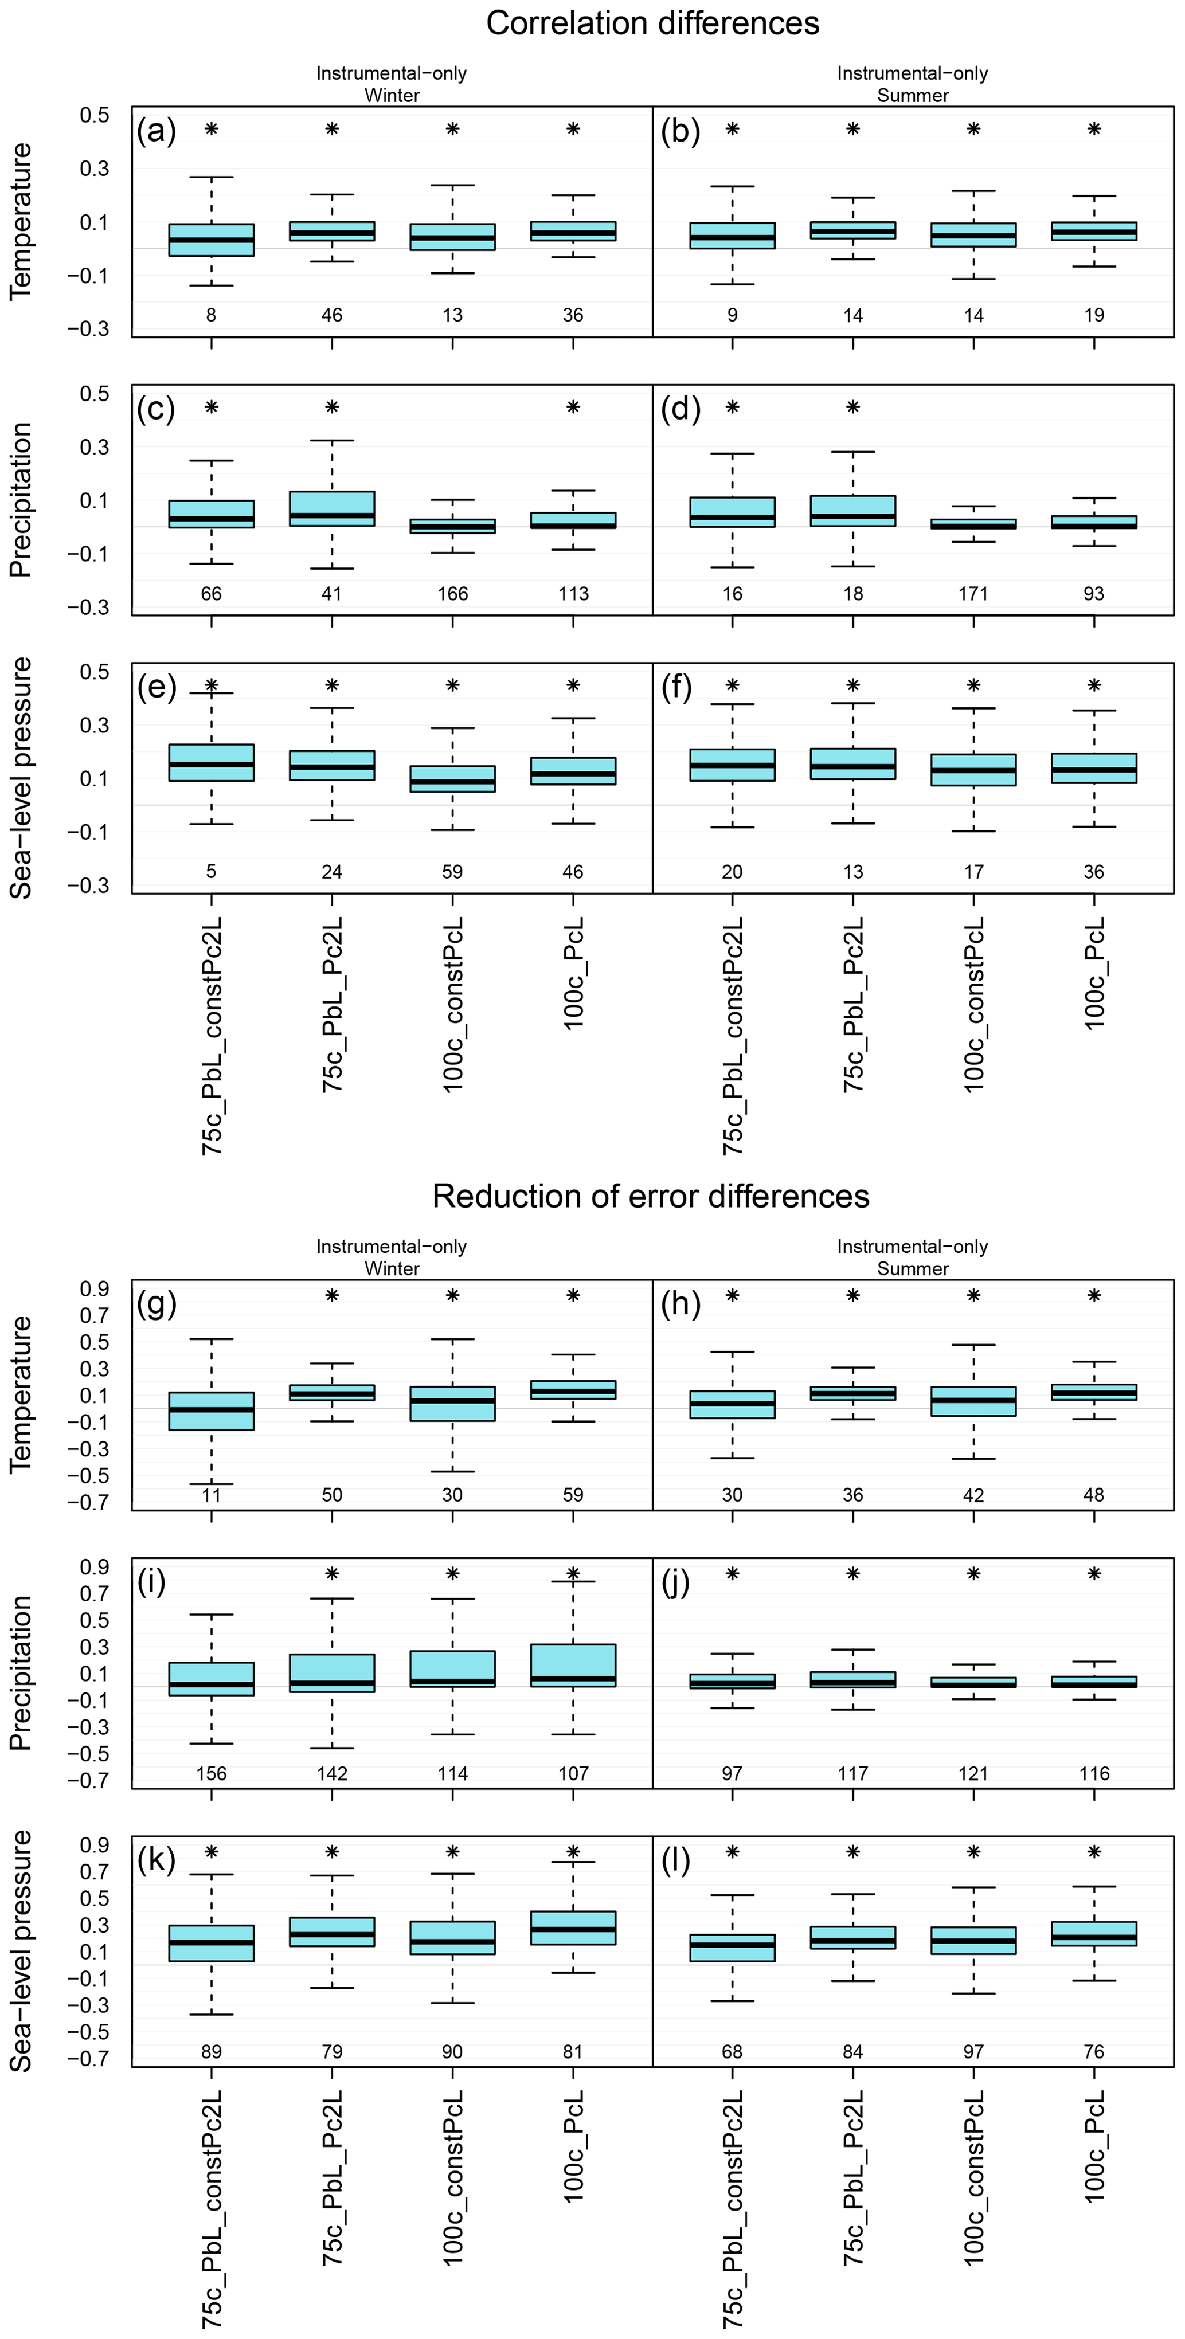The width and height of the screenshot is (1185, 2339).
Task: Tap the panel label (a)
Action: (x=156, y=132)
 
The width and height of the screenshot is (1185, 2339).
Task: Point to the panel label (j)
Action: (x=676, y=1582)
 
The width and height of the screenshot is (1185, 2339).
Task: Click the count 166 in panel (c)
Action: (x=452, y=594)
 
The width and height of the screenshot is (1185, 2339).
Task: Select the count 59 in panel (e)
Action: (x=452, y=872)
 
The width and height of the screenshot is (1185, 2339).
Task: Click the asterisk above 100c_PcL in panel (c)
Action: (x=573, y=408)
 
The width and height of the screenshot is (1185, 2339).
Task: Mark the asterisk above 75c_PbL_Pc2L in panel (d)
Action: (x=852, y=408)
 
